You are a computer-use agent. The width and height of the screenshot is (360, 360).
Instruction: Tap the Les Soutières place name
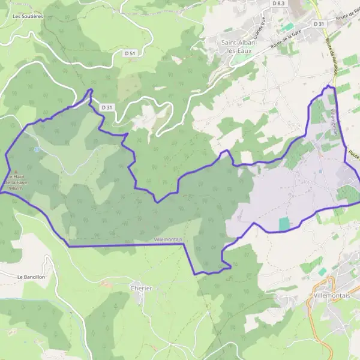pos(28,16)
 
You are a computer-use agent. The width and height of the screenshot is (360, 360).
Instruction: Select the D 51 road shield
pos(130,53)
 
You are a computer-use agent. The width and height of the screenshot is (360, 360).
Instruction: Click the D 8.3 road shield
pos(278,4)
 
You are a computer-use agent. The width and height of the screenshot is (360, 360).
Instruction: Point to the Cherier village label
pos(141,288)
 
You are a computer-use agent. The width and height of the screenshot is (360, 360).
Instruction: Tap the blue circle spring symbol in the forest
pos(37,149)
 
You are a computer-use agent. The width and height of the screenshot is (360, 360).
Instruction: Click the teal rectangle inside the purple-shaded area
pos(284,224)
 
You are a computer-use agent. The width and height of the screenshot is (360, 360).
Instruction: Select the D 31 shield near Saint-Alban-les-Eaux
pos(319,23)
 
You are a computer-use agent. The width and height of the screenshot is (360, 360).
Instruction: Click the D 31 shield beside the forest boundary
pos(107,107)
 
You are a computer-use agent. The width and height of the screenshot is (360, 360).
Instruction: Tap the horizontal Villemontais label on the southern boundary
pos(168,239)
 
